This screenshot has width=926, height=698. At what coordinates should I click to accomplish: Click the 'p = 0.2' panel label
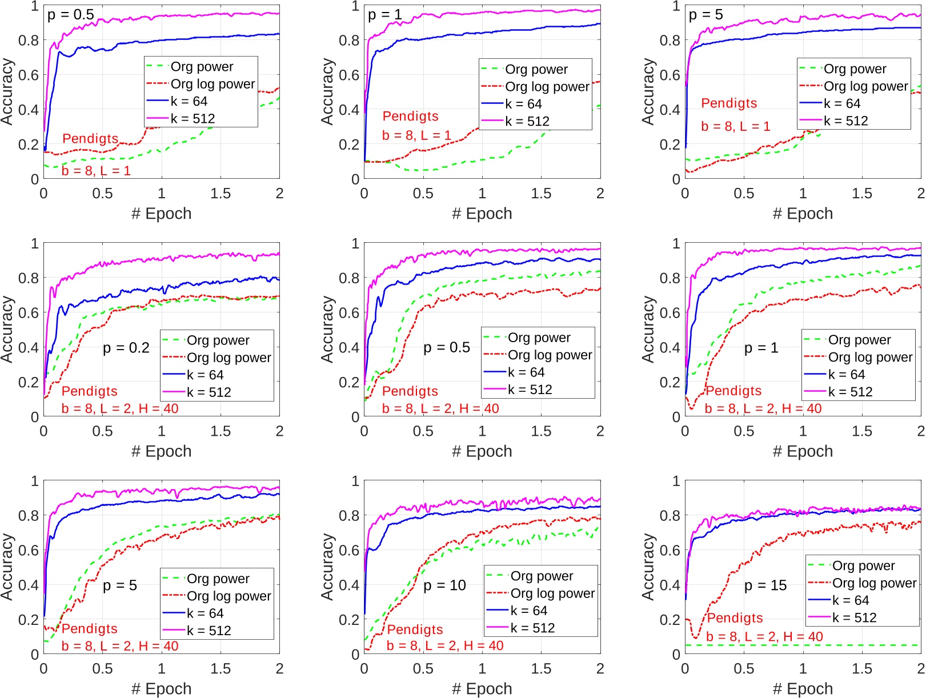(126, 348)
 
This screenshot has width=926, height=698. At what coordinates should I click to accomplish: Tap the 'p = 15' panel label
(765, 585)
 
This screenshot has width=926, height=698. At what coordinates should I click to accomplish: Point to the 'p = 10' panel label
(444, 585)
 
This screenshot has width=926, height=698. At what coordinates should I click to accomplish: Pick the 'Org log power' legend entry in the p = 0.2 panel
(229, 358)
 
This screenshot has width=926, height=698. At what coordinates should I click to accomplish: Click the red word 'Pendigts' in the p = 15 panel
(735, 618)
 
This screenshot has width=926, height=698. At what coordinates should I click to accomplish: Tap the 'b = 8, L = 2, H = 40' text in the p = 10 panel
(445, 645)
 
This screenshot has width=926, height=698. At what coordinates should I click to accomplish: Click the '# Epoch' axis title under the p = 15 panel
(802, 689)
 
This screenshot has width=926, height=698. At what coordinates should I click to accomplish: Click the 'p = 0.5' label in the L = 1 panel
(70, 15)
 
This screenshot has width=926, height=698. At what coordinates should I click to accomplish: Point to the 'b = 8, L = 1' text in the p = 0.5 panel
(96, 171)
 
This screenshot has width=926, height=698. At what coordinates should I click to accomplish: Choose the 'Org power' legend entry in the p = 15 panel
(863, 565)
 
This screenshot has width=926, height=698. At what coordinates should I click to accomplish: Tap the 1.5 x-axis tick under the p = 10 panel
(540, 668)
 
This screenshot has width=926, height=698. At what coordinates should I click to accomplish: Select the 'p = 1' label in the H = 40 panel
(761, 348)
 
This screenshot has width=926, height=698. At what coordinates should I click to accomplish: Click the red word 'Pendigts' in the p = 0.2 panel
(89, 391)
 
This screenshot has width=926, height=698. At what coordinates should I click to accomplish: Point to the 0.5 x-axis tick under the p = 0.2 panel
(102, 431)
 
